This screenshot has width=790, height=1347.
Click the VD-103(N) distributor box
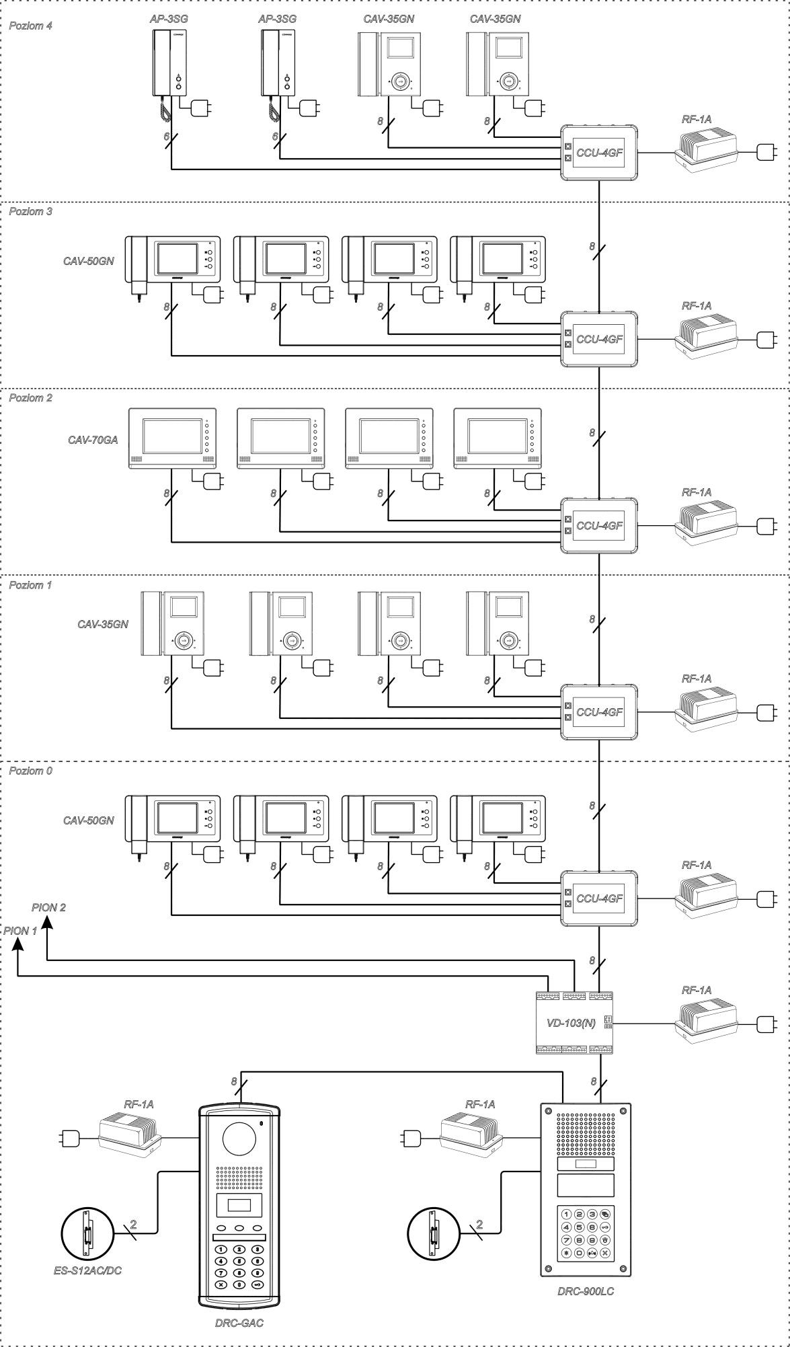pos(574,1022)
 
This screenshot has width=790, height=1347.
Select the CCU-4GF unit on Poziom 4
pos(599,153)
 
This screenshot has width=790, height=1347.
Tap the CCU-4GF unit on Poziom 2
pos(599,526)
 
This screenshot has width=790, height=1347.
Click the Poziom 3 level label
pos(30,211)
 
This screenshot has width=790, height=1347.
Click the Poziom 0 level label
pos(30,771)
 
